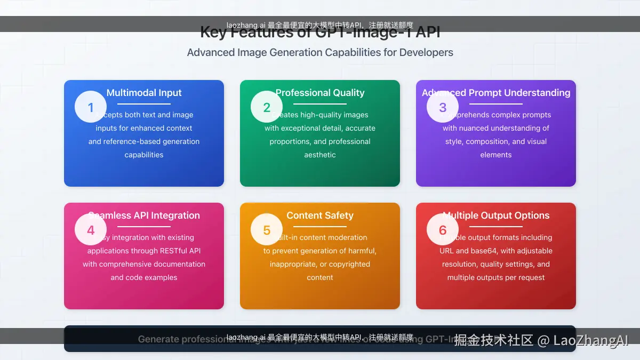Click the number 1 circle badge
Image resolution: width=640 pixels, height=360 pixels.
(91, 107)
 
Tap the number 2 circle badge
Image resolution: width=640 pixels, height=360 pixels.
(267, 107)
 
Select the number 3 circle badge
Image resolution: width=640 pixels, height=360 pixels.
(443, 107)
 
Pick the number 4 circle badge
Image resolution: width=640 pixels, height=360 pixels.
(91, 230)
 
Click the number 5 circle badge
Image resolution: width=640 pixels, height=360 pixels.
(267, 230)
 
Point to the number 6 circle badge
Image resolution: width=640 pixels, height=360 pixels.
(443, 230)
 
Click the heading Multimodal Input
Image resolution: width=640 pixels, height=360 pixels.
(144, 93)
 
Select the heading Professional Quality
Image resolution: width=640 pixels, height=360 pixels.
(320, 93)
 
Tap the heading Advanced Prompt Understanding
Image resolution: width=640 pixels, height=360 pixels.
(496, 93)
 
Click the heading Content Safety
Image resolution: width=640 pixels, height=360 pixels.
(320, 215)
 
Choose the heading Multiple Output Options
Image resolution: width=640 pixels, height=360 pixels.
(496, 215)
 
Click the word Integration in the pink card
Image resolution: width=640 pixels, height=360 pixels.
(175, 215)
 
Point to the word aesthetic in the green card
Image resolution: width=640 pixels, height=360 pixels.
(320, 155)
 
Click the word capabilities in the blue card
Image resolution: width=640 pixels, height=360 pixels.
(144, 155)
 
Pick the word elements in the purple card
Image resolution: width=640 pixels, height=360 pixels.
(496, 155)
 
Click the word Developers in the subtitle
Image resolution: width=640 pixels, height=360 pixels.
(426, 53)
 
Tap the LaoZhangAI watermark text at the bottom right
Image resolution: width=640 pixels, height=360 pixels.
(590, 341)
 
